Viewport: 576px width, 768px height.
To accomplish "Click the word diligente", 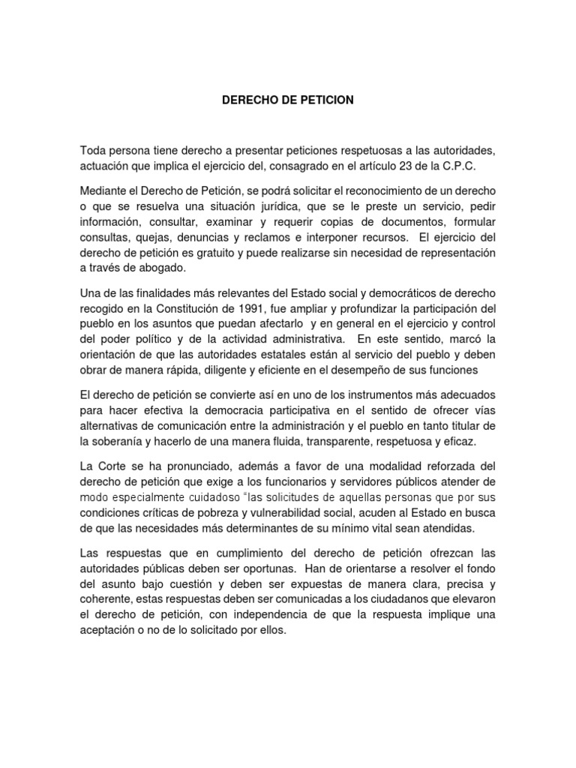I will click(x=198, y=370).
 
